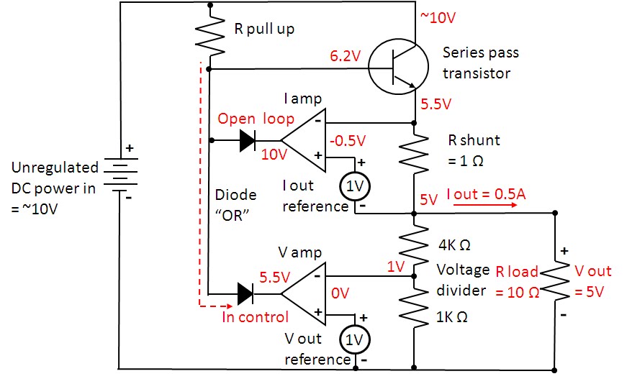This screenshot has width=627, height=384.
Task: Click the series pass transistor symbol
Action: pyautogui.click(x=398, y=66)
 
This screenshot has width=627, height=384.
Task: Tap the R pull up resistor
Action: pyautogui.click(x=210, y=35)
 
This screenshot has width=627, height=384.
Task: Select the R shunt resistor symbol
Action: pyautogui.click(x=414, y=153)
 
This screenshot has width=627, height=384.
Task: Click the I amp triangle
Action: pyautogui.click(x=304, y=140)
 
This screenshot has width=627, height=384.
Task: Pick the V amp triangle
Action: pyautogui.click(x=304, y=293)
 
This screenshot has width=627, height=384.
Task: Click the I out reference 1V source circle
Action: pyautogui.click(x=355, y=186)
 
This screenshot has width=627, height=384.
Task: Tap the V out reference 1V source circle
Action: pyautogui.click(x=355, y=339)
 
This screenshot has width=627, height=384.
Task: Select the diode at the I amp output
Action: pyautogui.click(x=248, y=140)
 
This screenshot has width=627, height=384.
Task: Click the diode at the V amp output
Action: pyautogui.click(x=245, y=294)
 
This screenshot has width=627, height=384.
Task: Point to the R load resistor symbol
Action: pyautogui.click(x=554, y=280)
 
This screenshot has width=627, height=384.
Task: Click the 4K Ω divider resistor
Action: pyautogui.click(x=414, y=244)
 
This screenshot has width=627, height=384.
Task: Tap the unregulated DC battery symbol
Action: pyautogui.click(x=120, y=174)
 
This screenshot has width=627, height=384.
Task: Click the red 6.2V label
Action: pyautogui.click(x=346, y=56)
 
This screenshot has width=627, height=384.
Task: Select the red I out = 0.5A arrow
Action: pyautogui.click(x=484, y=205)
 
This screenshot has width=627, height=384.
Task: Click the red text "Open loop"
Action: pyautogui.click(x=256, y=119)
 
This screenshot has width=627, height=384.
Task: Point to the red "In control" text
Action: pyautogui.click(x=255, y=317)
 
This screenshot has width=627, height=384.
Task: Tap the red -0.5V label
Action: pyautogui.click(x=348, y=141)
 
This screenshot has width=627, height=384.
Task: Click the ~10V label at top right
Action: pyautogui.click(x=438, y=17)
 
